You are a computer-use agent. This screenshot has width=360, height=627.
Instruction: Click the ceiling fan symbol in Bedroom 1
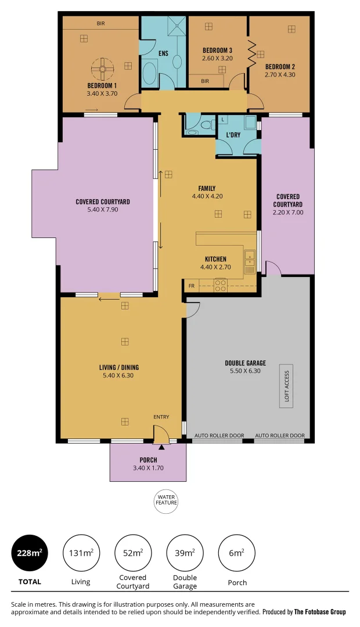[x=103, y=69]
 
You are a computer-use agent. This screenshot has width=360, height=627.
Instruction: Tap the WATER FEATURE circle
[x=165, y=499]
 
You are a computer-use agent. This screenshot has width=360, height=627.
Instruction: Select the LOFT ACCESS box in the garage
[x=286, y=387]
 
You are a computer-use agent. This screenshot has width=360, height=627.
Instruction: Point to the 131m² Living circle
[x=81, y=553]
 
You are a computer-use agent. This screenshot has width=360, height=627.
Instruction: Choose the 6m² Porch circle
[x=236, y=553]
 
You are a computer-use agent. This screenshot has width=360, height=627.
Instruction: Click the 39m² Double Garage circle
[x=185, y=553]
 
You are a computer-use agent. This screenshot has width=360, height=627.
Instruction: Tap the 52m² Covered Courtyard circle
[x=133, y=553]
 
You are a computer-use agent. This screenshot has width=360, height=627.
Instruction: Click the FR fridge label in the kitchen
[x=191, y=286]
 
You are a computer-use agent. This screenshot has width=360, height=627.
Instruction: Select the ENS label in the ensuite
[x=163, y=53]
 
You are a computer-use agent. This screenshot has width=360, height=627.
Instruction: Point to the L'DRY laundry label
[x=233, y=135]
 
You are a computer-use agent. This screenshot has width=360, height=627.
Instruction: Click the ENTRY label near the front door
[x=161, y=417]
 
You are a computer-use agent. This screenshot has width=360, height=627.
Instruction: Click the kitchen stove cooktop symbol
[x=221, y=285]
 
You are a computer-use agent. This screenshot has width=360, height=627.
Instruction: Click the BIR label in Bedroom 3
[x=204, y=81]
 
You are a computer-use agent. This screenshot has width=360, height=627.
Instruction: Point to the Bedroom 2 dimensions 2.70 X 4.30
[x=280, y=74]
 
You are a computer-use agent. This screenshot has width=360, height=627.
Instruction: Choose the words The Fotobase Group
[x=320, y=612]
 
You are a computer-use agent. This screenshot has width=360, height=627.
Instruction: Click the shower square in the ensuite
[x=174, y=24]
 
